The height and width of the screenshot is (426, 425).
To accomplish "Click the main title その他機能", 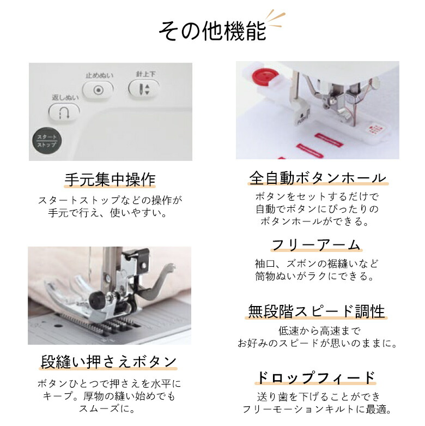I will [212, 31].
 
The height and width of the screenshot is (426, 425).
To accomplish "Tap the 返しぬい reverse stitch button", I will [64, 112].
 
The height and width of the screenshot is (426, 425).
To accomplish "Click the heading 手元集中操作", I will [110, 179].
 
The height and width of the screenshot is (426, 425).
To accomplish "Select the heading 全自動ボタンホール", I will [317, 178].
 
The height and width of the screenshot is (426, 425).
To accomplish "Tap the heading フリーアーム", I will [316, 244].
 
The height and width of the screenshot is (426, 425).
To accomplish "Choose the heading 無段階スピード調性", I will [316, 311].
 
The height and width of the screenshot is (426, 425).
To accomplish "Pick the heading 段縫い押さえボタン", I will [109, 362].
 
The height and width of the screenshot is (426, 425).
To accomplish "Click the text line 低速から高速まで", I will [316, 331].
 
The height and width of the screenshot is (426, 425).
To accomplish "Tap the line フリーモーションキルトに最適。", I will [316, 410].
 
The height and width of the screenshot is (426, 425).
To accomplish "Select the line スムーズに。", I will [110, 408].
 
